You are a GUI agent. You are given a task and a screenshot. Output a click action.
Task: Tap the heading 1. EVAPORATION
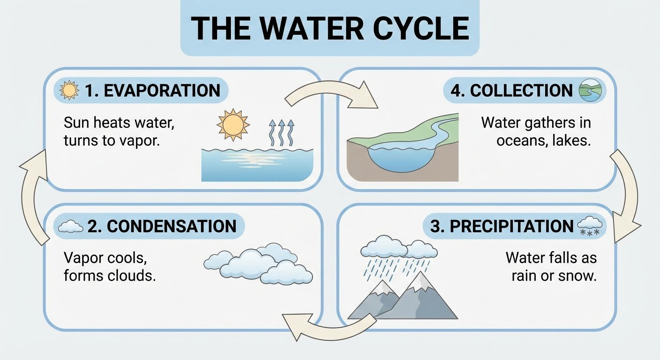153,90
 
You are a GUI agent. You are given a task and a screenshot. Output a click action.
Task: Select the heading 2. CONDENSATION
162,226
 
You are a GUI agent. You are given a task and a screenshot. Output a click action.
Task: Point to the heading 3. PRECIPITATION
502,226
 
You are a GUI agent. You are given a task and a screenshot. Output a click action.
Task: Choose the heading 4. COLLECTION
511,90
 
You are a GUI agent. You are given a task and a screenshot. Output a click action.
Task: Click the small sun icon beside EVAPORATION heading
70,90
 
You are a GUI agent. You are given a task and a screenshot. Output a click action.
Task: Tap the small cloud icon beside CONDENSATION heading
70,227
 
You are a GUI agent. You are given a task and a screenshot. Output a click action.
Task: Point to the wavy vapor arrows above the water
280,133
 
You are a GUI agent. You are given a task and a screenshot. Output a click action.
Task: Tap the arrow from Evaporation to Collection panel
330,94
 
